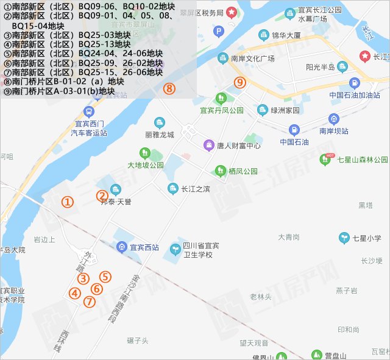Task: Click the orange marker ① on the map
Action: tap(68, 202)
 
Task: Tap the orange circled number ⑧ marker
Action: tap(169, 89)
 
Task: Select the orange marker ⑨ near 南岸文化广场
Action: tap(240, 82)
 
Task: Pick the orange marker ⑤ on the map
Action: tap(105, 277)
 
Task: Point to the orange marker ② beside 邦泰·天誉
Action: tap(102, 196)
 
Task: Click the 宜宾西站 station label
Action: tap(144, 247)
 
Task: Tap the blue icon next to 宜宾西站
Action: tap(121, 247)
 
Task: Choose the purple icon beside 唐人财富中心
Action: tap(208, 146)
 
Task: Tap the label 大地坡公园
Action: tap(145, 165)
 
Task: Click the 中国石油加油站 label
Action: tap(355, 95)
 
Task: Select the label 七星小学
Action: tap(366, 238)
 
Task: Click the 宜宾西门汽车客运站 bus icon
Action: tap(89, 113)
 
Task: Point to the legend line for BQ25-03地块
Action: tap(67, 35)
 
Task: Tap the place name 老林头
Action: tap(260, 297)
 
